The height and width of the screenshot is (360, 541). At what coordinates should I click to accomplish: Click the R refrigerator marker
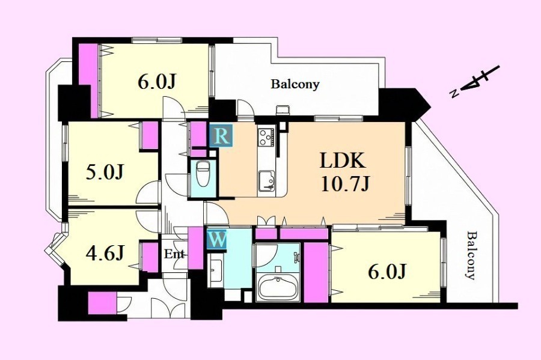click(x=221, y=136)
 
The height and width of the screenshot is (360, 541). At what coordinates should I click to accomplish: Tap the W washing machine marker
click(x=217, y=239)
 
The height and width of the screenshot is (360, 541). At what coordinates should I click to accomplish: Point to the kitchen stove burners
click(x=267, y=138)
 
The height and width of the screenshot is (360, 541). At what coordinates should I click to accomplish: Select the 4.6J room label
click(x=105, y=253)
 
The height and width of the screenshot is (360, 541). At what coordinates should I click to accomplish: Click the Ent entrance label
click(x=174, y=254)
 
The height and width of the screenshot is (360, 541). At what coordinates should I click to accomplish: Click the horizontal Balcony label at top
click(x=295, y=84)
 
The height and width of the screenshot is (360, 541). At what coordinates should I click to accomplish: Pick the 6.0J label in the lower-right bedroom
click(x=386, y=272)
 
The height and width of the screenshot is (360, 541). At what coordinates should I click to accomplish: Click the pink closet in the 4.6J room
click(x=150, y=257)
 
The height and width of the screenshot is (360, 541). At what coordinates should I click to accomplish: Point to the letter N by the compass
click(x=454, y=94)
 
